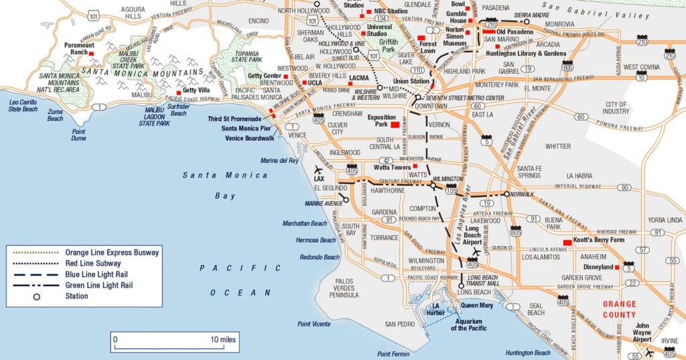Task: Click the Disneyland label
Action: (598, 267)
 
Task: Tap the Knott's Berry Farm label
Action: (598, 240)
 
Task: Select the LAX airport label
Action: (318, 180)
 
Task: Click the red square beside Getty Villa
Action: (178, 92)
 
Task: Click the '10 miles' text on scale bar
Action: (223, 340)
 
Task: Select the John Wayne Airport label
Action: (646, 333)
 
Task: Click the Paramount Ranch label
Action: (79, 49)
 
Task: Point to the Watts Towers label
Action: (392, 167)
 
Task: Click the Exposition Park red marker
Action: (395, 125)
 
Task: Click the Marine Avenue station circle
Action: (346, 199)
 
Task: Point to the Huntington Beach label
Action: (527, 353)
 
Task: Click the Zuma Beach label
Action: (55, 115)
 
